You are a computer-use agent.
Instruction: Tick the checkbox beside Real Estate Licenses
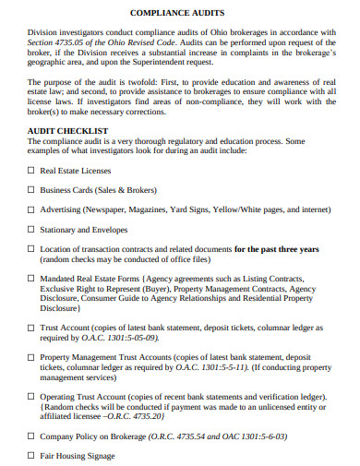click(x=31, y=171)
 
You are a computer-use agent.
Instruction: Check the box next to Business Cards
click(x=31, y=190)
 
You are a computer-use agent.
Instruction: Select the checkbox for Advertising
click(x=31, y=209)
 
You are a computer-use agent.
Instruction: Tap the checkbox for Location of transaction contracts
click(x=31, y=248)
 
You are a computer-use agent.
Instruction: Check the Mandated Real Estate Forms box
click(x=31, y=278)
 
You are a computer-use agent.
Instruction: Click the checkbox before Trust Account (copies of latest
click(x=31, y=328)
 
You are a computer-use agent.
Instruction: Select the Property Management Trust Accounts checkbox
click(x=31, y=356)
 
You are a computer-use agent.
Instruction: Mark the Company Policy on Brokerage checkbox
click(x=31, y=436)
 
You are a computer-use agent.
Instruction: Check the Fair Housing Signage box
click(x=31, y=455)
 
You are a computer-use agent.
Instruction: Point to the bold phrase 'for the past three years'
click(x=276, y=249)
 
